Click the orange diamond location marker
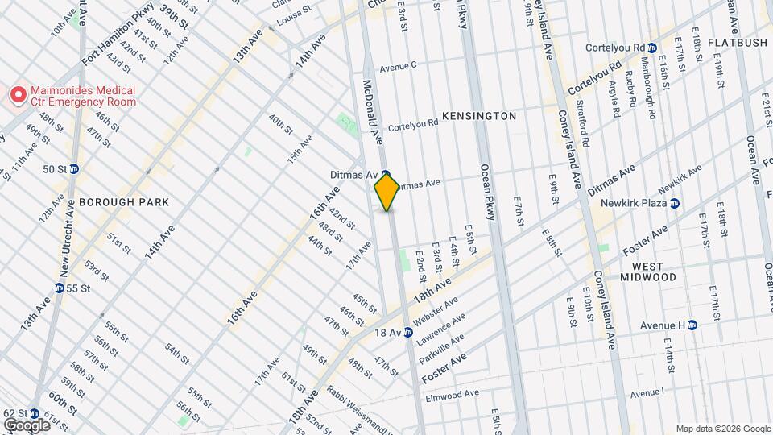pyautogui.click(x=386, y=192)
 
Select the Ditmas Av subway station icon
pyautogui.click(x=386, y=174)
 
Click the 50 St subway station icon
pyautogui.click(x=74, y=169)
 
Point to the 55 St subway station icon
pyautogui.click(x=60, y=288)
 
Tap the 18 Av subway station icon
pyautogui.click(x=408, y=332)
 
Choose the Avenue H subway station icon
pyautogui.click(x=692, y=325)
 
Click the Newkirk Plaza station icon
pyautogui.click(x=675, y=203)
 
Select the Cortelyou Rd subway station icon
pyautogui.click(x=653, y=48)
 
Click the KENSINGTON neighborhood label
pyautogui.click(x=477, y=116)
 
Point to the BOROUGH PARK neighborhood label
pyautogui.click(x=124, y=202)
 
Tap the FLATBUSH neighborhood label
pyautogui.click(x=737, y=41)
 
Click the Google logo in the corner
pyautogui.click(x=27, y=425)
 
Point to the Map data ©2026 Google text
pyautogui.click(x=722, y=429)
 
